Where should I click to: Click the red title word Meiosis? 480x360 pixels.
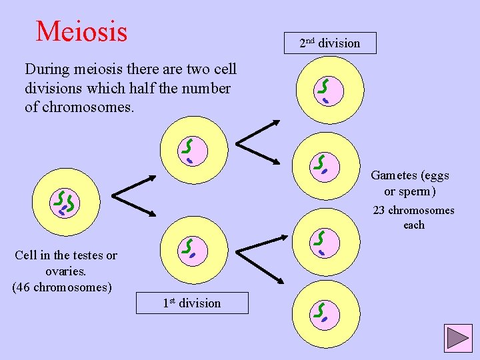point(81,31)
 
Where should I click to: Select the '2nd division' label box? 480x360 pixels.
point(329,43)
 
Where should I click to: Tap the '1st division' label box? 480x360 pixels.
point(192,303)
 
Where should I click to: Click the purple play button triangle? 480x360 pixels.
point(458,339)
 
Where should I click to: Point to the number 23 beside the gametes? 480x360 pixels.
point(379,211)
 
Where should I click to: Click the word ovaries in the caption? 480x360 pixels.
point(65,271)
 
